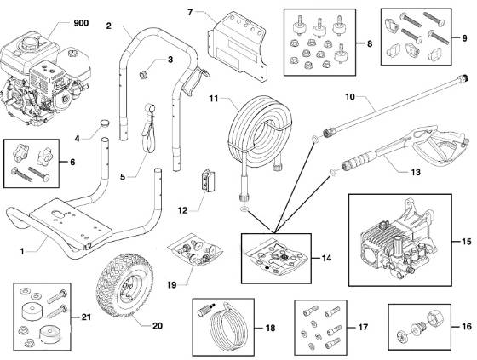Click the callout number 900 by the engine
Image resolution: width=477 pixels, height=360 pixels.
click(81, 21)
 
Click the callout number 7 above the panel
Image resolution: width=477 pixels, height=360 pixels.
click(190, 12)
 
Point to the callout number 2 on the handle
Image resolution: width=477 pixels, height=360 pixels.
click(110, 26)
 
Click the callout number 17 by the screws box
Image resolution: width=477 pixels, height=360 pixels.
click(361, 325)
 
